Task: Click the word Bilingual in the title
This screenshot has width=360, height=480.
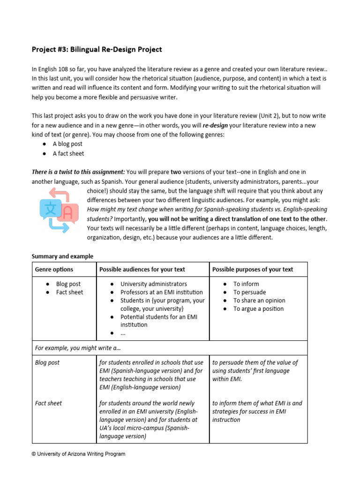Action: [86, 49]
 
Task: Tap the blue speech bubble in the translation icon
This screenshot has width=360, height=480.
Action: [50, 209]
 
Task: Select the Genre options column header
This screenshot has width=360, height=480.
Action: [54, 269]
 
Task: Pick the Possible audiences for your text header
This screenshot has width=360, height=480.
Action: [142, 269]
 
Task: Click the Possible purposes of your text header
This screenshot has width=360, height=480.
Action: [253, 269]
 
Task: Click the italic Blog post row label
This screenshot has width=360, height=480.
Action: [47, 362]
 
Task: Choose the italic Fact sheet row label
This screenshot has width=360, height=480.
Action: [48, 403]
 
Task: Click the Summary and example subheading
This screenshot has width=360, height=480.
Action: [62, 256]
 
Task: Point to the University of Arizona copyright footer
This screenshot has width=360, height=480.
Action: [78, 454]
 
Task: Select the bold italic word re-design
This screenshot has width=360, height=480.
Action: [215, 125]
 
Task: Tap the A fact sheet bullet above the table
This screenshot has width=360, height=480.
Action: [68, 153]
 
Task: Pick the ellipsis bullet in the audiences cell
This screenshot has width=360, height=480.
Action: [123, 333]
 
